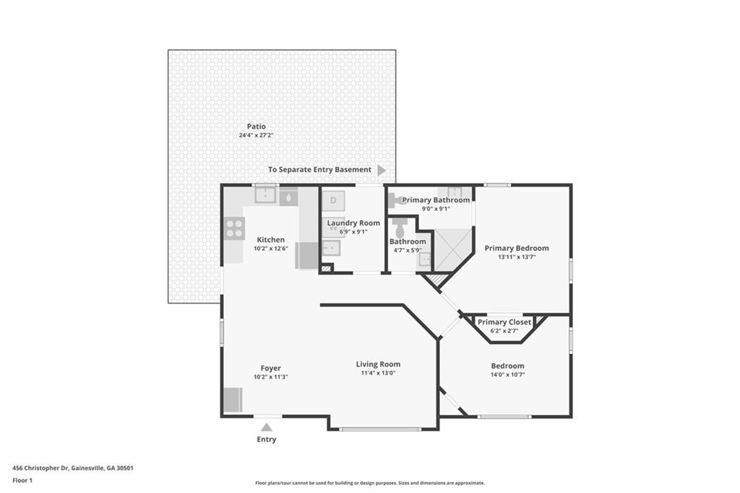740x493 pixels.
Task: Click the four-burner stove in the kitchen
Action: pos(234,228)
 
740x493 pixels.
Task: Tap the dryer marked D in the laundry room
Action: pos(333,200)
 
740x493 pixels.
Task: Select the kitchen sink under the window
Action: pos(265,195)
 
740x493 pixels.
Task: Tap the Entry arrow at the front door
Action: pos(267,427)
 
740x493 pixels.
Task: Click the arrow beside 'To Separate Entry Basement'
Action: pos(382,170)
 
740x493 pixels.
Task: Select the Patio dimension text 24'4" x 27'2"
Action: pos(256,135)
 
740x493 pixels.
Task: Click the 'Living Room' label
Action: pos(378,364)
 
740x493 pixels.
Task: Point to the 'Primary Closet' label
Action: pos(504,322)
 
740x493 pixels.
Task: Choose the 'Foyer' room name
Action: pos(270,368)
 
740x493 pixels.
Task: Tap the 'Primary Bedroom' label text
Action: pos(516,248)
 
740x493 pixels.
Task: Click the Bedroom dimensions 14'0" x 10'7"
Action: pos(507,374)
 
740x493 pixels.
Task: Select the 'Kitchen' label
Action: pos(270,240)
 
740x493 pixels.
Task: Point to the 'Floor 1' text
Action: pos(22,480)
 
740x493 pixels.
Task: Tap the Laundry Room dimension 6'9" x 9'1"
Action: pos(353,231)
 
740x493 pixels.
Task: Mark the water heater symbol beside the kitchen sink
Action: pos(288,196)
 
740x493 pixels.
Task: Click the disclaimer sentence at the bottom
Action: pos(369,483)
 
